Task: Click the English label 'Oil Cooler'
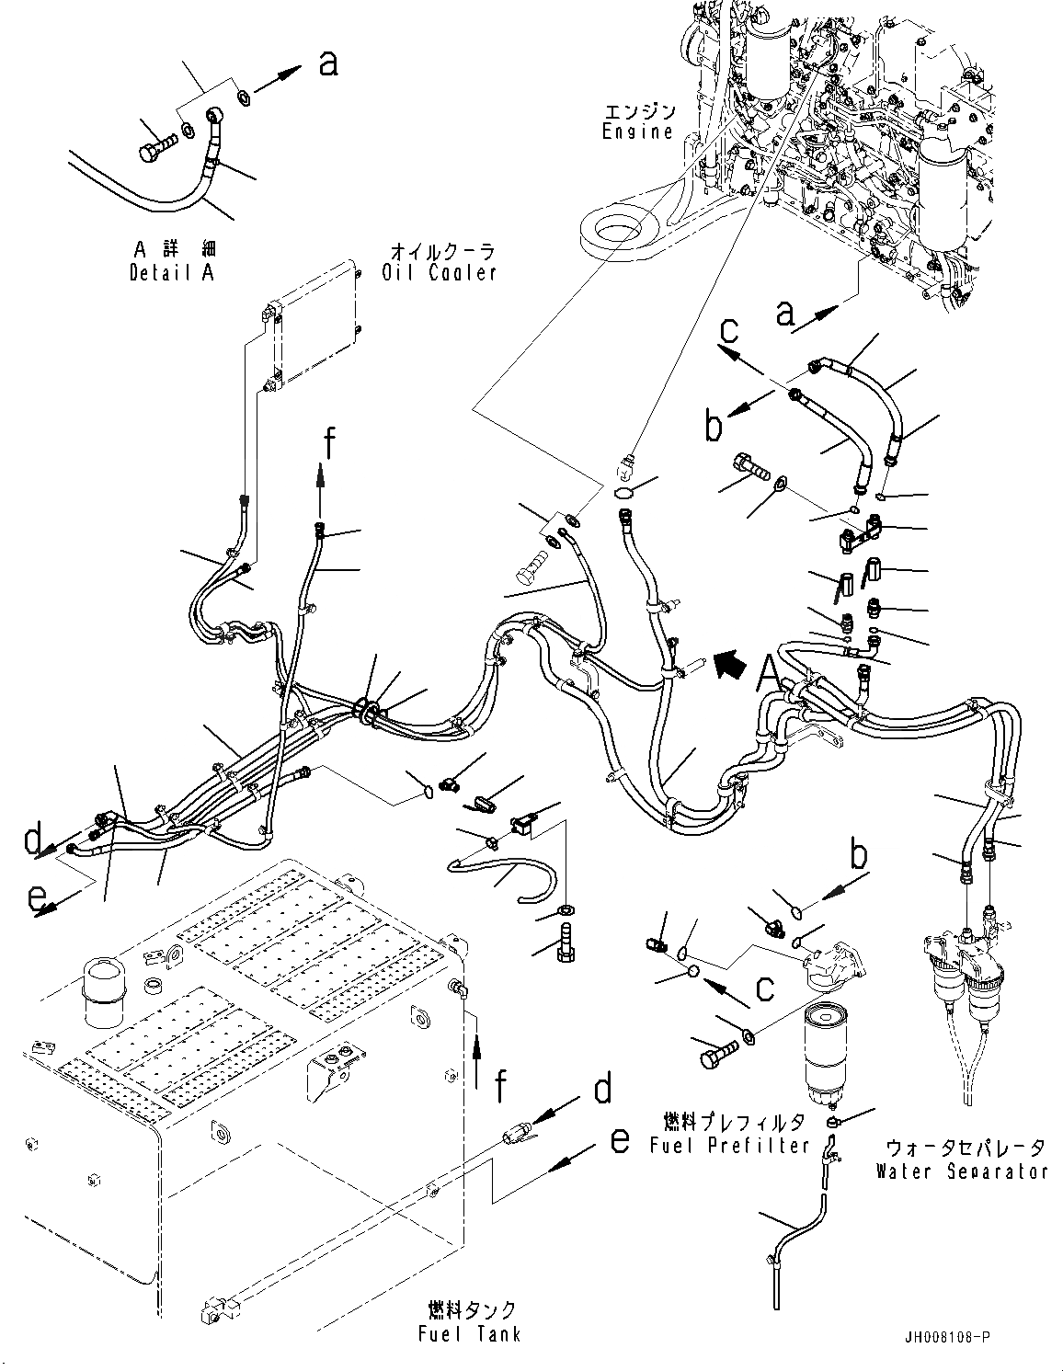[439, 272]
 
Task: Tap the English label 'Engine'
[638, 131]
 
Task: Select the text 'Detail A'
[171, 273]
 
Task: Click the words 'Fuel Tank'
[473, 1333]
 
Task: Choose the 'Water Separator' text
[961, 1171]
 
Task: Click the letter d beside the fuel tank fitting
[602, 1090]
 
